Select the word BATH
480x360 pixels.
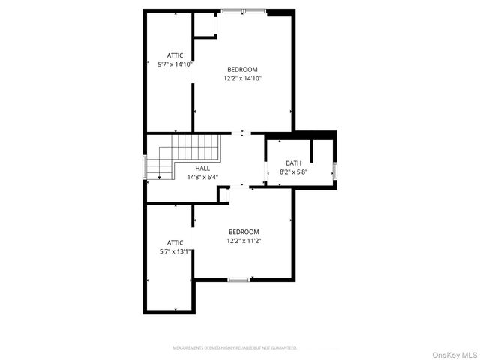(x=293, y=163)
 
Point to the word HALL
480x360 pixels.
(x=202, y=169)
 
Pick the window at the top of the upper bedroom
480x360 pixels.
(x=243, y=10)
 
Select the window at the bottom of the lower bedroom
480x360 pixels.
(x=238, y=280)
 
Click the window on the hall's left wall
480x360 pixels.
(x=145, y=167)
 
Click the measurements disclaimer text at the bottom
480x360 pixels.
(x=235, y=348)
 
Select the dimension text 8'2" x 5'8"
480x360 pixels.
(x=293, y=172)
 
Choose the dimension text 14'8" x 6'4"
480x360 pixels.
(x=202, y=178)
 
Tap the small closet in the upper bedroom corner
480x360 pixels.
(x=205, y=24)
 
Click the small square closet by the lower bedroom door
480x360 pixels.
(x=223, y=194)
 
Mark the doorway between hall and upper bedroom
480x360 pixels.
(x=241, y=133)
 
